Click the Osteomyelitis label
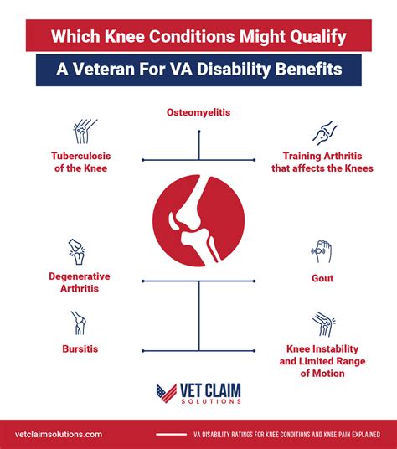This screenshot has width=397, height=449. (x=198, y=111)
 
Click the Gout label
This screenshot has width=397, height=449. (x=322, y=277)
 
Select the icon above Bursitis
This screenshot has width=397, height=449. (x=78, y=322)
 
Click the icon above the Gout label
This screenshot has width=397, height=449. (x=322, y=251)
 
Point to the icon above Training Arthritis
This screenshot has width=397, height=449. (x=324, y=132)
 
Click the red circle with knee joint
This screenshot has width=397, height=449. (x=199, y=217)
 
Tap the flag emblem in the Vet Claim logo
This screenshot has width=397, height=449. (x=167, y=393)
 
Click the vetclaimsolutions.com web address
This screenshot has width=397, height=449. (x=59, y=434)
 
